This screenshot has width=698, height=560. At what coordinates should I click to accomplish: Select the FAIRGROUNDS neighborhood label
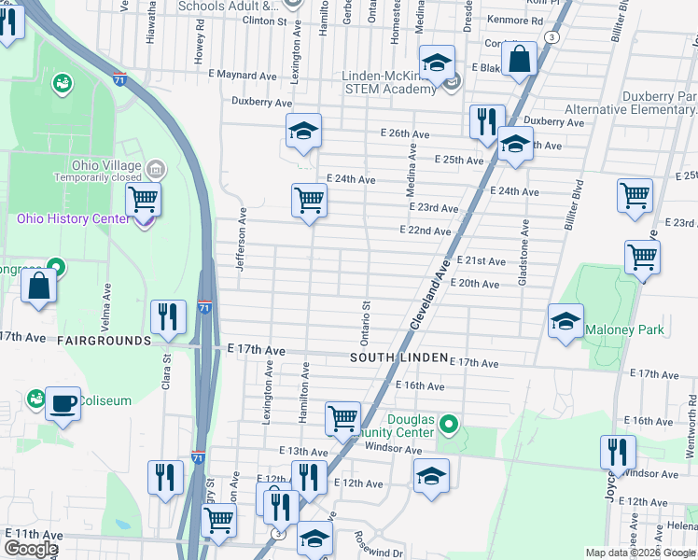tap(104, 341)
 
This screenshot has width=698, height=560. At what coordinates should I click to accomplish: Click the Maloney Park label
tap(624, 329)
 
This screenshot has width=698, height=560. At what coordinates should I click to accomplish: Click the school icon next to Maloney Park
tap(565, 321)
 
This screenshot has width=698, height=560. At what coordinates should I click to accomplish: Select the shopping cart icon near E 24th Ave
tap(309, 200)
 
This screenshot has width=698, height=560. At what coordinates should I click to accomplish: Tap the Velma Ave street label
tap(108, 305)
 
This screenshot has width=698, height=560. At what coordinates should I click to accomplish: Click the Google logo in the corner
tap(30, 549)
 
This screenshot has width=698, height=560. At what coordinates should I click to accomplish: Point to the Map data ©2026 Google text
tap(640, 553)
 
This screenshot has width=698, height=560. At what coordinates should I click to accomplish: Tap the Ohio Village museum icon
tap(156, 170)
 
